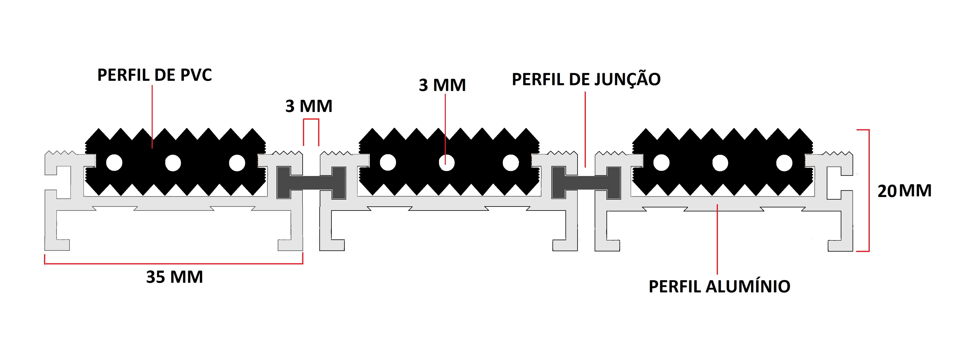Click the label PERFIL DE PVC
coord(155,75)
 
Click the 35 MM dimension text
coord(174,277)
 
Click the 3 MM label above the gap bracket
coord(309,106)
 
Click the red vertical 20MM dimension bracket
coord(869,190)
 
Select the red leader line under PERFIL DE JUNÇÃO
coord(585,129)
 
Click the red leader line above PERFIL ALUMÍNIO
coord(717,239)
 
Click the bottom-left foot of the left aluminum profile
coord(57,245)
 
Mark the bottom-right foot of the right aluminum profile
coord(841,245)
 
